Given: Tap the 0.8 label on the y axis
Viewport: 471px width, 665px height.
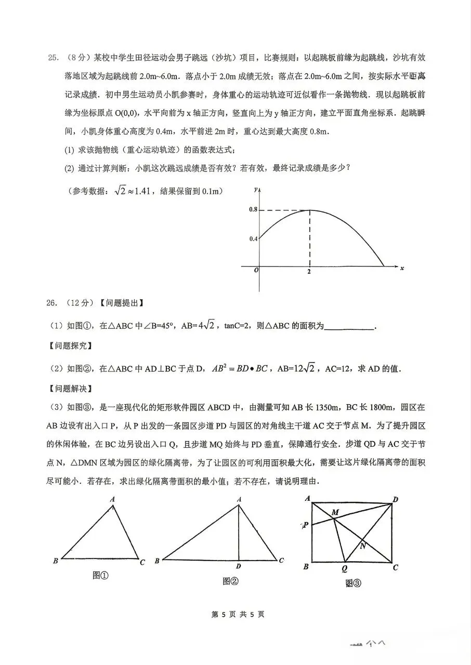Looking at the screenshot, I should (x=253, y=210).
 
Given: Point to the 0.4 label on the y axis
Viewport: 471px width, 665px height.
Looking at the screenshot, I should (x=253, y=239).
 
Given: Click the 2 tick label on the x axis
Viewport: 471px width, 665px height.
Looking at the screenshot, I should (x=310, y=272).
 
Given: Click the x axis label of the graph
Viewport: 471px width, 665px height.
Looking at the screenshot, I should (x=402, y=268).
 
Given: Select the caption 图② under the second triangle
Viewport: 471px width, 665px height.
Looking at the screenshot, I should (x=230, y=581).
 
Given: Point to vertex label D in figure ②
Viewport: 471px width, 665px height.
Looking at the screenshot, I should (x=238, y=566).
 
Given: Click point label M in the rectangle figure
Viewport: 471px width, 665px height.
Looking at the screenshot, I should (x=335, y=513).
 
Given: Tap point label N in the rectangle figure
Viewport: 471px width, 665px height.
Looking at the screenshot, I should (x=362, y=546).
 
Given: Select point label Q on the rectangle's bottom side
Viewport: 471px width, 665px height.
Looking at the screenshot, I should (x=344, y=568).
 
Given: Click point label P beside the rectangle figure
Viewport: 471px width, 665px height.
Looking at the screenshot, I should (x=306, y=525).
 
